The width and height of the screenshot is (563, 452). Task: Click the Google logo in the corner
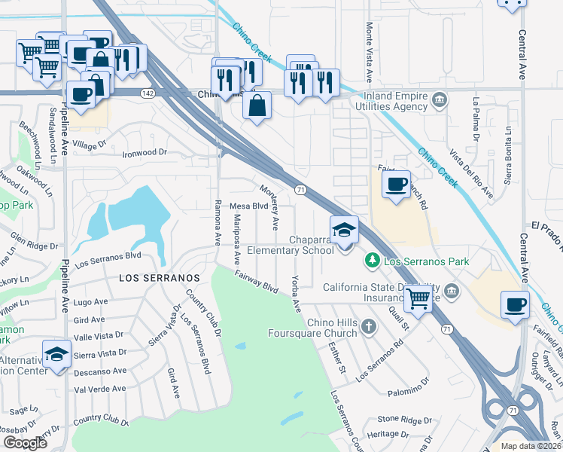click(x=24, y=443)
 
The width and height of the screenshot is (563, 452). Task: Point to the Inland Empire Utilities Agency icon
click(x=440, y=99)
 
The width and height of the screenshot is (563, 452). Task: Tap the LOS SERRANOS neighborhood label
click(x=159, y=278)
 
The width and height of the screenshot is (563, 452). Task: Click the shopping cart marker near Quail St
click(x=418, y=297)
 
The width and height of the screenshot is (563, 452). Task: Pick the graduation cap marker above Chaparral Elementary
click(x=344, y=229)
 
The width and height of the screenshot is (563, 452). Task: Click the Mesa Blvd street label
click(x=249, y=206)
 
